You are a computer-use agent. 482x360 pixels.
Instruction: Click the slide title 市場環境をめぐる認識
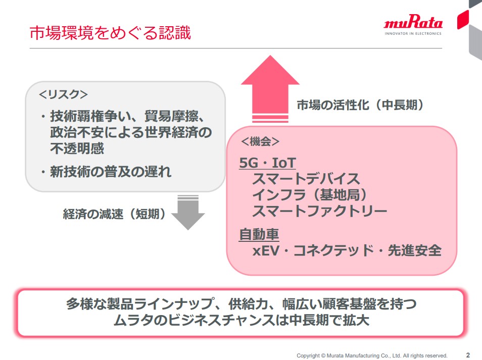pyautogui.click(x=110, y=32)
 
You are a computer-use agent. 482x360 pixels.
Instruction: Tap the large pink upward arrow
pyautogui.click(x=270, y=89)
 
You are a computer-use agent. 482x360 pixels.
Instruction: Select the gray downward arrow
pyautogui.click(x=188, y=212)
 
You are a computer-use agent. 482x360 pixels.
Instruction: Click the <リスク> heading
pyautogui.click(x=63, y=94)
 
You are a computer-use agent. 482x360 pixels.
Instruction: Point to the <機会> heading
pyautogui.click(x=260, y=141)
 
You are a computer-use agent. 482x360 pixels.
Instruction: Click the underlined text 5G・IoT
pyautogui.click(x=267, y=163)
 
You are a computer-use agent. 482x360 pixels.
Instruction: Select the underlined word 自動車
pyautogui.click(x=259, y=234)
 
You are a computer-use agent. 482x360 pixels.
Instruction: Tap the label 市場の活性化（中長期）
pyautogui.click(x=360, y=105)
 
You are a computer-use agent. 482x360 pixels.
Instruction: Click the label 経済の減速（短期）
pyautogui.click(x=114, y=214)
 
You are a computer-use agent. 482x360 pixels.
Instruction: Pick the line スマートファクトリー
pyautogui.click(x=319, y=211)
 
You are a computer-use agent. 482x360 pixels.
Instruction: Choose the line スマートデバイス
pyautogui.click(x=306, y=179)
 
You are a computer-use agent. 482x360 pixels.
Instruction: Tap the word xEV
pyautogui.click(x=266, y=250)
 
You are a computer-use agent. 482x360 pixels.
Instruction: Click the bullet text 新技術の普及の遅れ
pyautogui.click(x=110, y=172)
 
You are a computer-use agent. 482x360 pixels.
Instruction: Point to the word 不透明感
pyautogui.click(x=77, y=148)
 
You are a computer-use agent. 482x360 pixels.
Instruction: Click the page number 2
pyautogui.click(x=468, y=355)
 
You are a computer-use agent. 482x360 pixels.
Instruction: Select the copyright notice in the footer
pyautogui.click(x=372, y=355)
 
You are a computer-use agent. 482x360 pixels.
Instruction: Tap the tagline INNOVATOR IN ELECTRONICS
pyautogui.click(x=413, y=33)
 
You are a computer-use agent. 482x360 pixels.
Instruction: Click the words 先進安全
pyautogui.click(x=414, y=250)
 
